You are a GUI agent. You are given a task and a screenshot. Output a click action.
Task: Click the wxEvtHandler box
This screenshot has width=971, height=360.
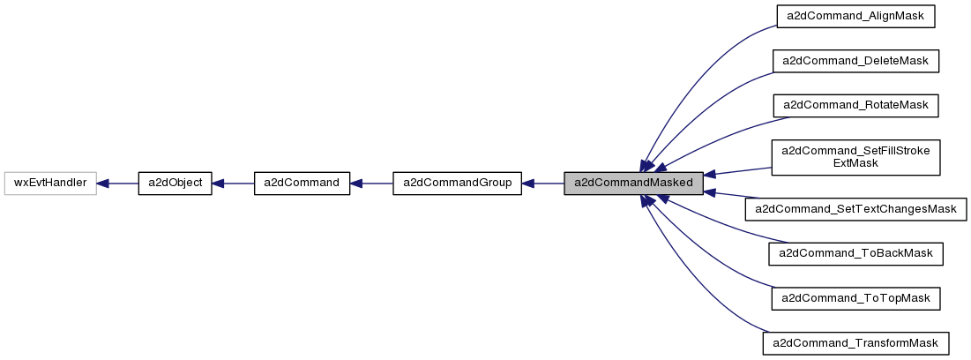[50, 184]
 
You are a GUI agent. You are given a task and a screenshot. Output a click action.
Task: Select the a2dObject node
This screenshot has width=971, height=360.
[175, 184]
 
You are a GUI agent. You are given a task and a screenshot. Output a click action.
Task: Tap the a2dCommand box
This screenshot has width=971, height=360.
[302, 184]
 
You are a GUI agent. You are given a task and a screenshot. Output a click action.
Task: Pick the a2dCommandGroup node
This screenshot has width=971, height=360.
[457, 184]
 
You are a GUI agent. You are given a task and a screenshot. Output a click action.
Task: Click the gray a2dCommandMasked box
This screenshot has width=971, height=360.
[633, 184]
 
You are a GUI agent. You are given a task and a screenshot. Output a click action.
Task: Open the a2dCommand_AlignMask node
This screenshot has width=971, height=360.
[855, 17]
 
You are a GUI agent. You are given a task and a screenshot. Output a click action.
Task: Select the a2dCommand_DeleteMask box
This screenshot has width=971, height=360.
[855, 61]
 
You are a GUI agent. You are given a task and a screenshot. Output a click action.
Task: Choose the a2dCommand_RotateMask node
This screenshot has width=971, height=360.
[855, 105]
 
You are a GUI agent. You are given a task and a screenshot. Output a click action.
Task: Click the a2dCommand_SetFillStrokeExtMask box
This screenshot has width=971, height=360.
[855, 157]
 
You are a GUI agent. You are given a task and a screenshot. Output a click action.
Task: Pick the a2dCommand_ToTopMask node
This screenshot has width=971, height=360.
[855, 298]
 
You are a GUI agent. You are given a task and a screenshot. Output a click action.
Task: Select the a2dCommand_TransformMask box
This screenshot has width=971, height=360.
[855, 342]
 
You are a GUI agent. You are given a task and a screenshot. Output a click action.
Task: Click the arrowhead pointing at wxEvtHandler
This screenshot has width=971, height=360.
[103, 184]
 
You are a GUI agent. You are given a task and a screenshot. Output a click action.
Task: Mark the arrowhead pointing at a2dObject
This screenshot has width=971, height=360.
[219, 184]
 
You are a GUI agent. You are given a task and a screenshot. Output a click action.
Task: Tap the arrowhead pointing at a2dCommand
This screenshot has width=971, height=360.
[357, 184]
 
